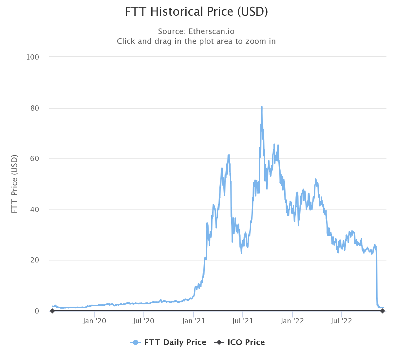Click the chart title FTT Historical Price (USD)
[196, 12]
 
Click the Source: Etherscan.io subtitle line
[196, 31]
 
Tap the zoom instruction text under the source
[196, 41]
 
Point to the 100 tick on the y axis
[32, 57]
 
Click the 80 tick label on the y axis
[34, 108]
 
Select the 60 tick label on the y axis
[34, 159]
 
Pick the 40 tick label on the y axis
[34, 209]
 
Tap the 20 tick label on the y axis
[34, 260]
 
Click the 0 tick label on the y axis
[37, 311]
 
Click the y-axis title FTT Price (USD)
[14, 184]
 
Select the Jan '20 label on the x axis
[94, 321]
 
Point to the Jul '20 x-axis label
[143, 321]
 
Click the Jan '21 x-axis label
[193, 321]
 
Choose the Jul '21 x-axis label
[243, 321]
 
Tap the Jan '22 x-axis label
[292, 321]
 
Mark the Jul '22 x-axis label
[341, 321]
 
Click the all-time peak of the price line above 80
[262, 107]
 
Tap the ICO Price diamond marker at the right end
[382, 311]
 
